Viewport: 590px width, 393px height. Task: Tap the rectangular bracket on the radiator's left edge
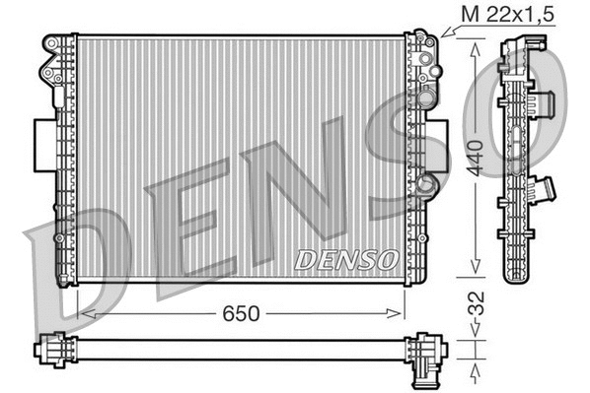(x=44, y=146)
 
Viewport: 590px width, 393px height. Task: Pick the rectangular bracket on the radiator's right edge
(x=439, y=146)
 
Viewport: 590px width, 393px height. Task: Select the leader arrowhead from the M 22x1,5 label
(x=443, y=34)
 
